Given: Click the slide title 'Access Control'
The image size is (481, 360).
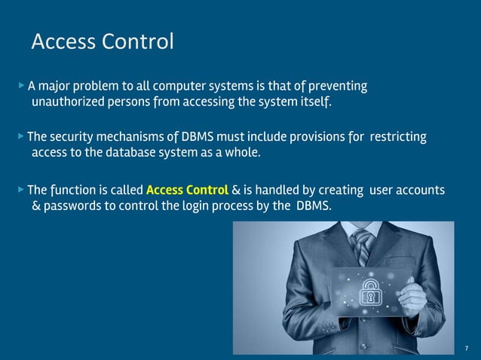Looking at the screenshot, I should pos(103,42).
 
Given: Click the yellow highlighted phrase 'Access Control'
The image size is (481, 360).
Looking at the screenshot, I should pos(187,189).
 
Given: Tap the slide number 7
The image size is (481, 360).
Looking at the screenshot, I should pos(467,347).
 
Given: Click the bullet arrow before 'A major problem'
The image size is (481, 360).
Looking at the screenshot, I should pos(21,86).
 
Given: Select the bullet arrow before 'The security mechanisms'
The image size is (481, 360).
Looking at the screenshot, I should pos(21,137).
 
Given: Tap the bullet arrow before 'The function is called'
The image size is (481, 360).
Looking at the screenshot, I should pos(21,189).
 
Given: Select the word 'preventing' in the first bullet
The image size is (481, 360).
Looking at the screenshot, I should pos(338,86).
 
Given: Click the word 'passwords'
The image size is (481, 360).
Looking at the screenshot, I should pos(71,205).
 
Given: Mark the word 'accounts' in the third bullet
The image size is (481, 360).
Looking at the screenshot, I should pos(421,189).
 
